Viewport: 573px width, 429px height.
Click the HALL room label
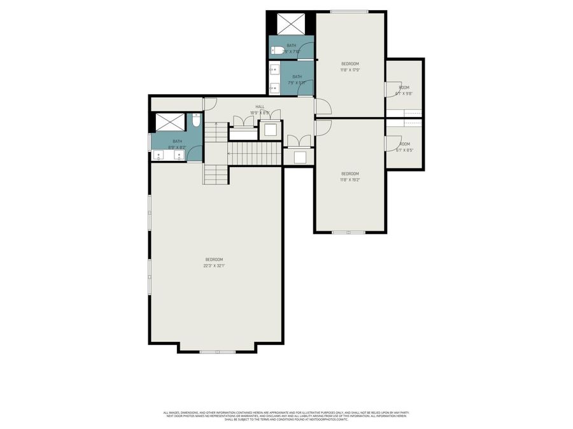tap(260, 107)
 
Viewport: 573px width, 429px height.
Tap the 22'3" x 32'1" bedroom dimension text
tap(215, 266)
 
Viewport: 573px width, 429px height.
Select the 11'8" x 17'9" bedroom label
tap(350, 71)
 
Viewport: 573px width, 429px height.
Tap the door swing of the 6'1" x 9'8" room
tap(390, 88)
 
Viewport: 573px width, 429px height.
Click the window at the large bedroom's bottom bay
tap(218, 351)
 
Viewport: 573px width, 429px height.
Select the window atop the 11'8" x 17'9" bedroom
tap(349, 11)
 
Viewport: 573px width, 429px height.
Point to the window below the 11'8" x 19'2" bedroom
tap(348, 232)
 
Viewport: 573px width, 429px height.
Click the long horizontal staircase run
tap(255, 153)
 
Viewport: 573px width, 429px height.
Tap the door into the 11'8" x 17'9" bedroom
tap(322, 107)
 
